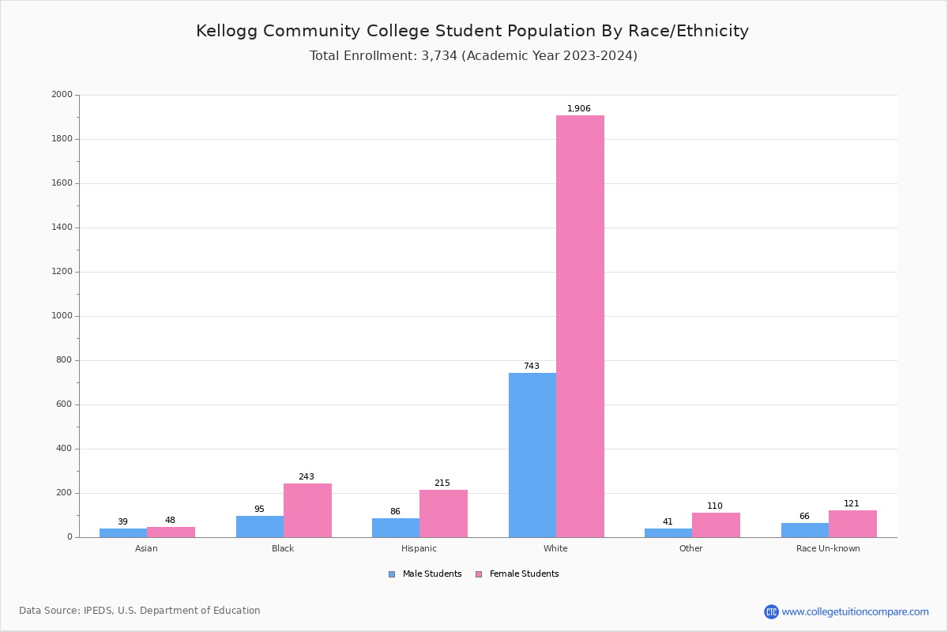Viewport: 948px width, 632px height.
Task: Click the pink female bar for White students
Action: pyautogui.click(x=580, y=326)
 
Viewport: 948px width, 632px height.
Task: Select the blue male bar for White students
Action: pyautogui.click(x=532, y=455)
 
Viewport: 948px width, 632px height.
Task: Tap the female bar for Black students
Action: pyautogui.click(x=307, y=510)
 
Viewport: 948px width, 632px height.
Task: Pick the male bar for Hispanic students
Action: pyautogui.click(x=396, y=528)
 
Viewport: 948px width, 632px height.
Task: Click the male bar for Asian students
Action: pyautogui.click(x=123, y=532)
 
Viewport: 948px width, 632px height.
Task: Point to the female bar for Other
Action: pyautogui.click(x=716, y=525)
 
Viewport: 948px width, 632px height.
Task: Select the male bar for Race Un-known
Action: pyautogui.click(x=804, y=530)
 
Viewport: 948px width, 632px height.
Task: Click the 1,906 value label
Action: pyautogui.click(x=579, y=109)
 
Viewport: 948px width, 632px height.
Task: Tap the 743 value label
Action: pyautogui.click(x=532, y=367)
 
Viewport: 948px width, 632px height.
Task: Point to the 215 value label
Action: pyautogui.click(x=442, y=483)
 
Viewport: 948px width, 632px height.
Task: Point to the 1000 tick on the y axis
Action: pyautogui.click(x=62, y=316)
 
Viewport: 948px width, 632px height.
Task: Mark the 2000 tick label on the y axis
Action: pyautogui.click(x=62, y=95)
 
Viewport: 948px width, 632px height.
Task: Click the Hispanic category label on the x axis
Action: pyautogui.click(x=419, y=548)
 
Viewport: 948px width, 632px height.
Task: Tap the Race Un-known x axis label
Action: pyautogui.click(x=828, y=548)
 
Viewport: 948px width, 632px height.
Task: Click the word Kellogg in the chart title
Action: pyautogui.click(x=227, y=32)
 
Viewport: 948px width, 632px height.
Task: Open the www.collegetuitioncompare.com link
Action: pyautogui.click(x=855, y=611)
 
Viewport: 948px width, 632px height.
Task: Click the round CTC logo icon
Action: pyautogui.click(x=771, y=611)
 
